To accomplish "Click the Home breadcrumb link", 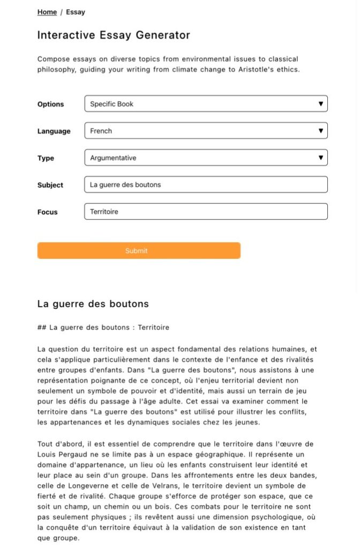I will tap(47, 12).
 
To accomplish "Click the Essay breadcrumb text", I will tap(76, 12).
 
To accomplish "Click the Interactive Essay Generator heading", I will tap(114, 35).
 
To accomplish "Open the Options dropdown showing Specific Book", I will tap(206, 103).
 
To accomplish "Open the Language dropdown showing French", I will tap(206, 131).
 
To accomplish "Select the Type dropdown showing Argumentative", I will tap(206, 158).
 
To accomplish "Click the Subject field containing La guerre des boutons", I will tap(206, 184).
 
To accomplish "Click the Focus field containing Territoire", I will tap(206, 211).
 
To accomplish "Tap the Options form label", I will tap(50, 104).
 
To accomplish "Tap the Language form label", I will tap(54, 131).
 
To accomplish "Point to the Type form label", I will tap(46, 158).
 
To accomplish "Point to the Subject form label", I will tap(50, 185).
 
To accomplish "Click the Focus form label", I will tap(48, 212).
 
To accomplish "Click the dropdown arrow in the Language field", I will tap(320, 131).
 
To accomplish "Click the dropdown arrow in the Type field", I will tap(320, 158).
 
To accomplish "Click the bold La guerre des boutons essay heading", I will tap(93, 304).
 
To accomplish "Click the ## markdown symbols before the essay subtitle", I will tap(41, 327).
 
